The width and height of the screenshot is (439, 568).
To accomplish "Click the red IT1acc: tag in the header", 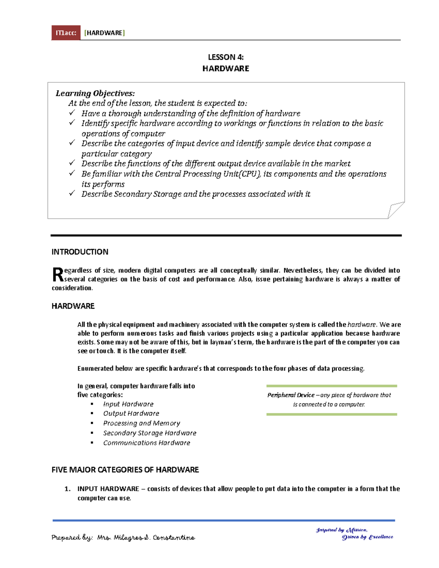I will point(66,33).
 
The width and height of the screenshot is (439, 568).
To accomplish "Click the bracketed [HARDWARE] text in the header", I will point(105,33).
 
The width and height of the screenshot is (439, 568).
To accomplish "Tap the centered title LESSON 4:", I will point(226,57).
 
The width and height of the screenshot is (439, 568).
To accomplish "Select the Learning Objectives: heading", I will point(95,93).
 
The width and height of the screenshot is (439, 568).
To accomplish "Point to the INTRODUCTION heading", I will point(80,252).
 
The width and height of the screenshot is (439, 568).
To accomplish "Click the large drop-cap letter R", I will point(58,275).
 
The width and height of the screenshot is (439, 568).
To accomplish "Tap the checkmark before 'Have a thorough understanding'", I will point(72,113).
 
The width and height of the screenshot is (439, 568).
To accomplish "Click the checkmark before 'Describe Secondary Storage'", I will point(72,193).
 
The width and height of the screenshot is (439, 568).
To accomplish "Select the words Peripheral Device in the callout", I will point(291,395).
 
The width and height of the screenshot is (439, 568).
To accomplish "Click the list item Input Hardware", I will point(128,404).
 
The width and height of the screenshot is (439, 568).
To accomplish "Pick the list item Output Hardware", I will point(131,413).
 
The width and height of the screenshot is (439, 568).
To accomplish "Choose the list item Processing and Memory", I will point(142,423).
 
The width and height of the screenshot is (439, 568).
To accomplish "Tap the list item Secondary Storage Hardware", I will point(150,433).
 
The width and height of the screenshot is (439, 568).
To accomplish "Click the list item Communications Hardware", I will point(146,443).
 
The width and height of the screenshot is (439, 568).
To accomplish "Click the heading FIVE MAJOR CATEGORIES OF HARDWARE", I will point(125,470).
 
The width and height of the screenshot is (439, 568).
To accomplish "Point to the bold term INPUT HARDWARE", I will point(108,489).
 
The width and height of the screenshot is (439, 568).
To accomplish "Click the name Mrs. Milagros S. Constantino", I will point(146,538).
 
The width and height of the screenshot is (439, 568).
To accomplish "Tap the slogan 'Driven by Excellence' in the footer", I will point(367,537).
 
